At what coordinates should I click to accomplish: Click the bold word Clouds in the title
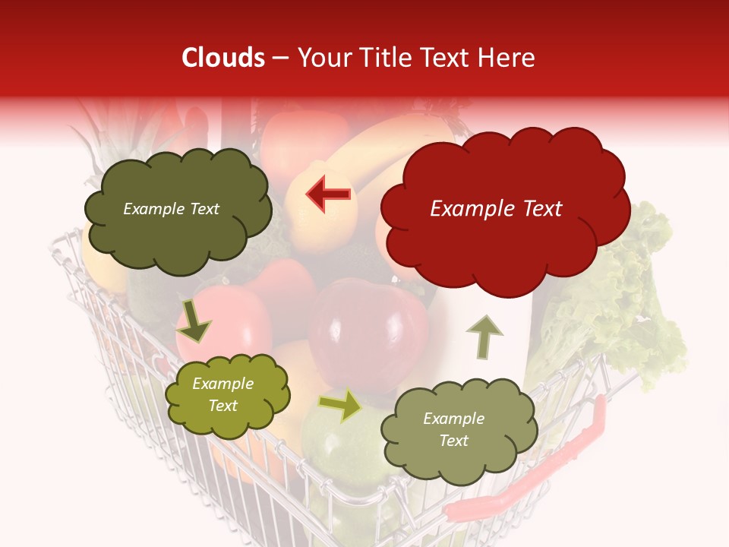click(x=222, y=58)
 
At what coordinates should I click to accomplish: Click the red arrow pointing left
click(x=329, y=194)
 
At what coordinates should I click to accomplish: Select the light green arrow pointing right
click(x=341, y=405)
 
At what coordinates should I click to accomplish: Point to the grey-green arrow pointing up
click(x=482, y=336)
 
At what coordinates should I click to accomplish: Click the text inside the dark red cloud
click(x=496, y=209)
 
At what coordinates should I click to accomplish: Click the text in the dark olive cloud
click(x=171, y=209)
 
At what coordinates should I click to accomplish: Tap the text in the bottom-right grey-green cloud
click(x=453, y=429)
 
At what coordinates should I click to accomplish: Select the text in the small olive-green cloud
click(x=222, y=395)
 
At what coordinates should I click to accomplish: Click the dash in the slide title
click(x=279, y=58)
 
